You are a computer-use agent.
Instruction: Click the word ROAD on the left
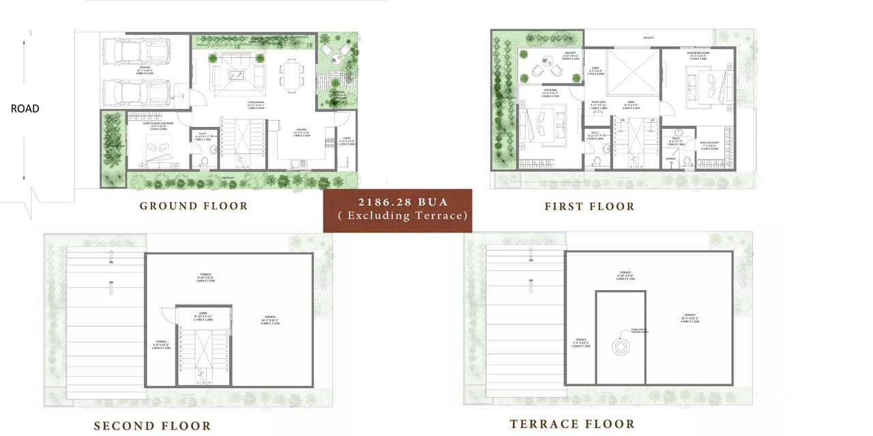tap(25, 108)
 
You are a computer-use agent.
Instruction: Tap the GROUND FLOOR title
tap(194, 206)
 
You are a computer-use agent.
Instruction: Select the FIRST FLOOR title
tap(589, 206)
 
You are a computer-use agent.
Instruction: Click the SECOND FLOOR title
tap(152, 426)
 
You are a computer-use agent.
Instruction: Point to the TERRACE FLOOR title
tap(572, 424)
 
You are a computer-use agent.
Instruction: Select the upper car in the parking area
tap(136, 50)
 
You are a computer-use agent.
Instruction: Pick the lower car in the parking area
tap(136, 92)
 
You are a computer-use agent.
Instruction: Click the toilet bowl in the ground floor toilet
tap(203, 162)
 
